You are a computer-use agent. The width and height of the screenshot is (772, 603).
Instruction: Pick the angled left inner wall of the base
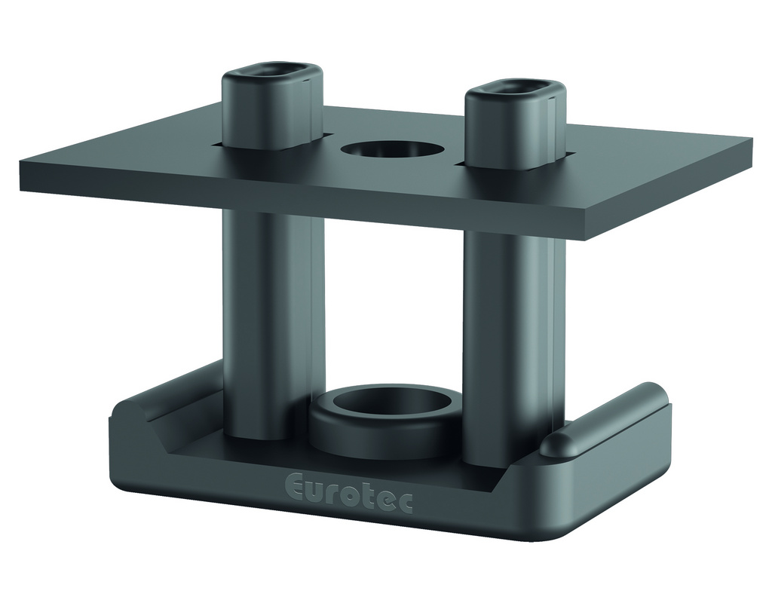pyautogui.click(x=147, y=430)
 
